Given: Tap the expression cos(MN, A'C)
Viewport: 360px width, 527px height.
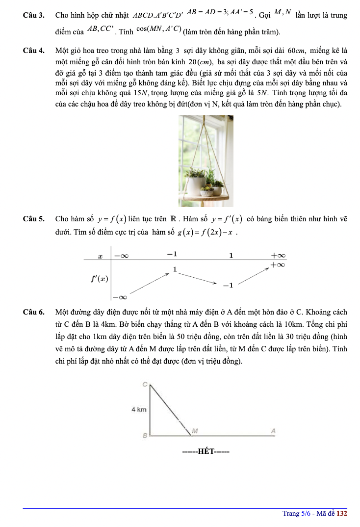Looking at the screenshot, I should (x=158, y=32).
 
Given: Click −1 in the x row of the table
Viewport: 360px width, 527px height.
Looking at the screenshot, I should (x=171, y=255).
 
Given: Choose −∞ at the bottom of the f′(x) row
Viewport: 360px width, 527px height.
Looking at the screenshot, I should (x=120, y=296).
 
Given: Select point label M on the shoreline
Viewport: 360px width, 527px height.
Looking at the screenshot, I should (x=195, y=431).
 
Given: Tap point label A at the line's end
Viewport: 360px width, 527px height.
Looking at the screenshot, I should (x=274, y=431).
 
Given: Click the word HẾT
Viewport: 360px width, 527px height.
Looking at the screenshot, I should (x=206, y=451).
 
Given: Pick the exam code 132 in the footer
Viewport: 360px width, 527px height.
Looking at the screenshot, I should (x=342, y=513).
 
